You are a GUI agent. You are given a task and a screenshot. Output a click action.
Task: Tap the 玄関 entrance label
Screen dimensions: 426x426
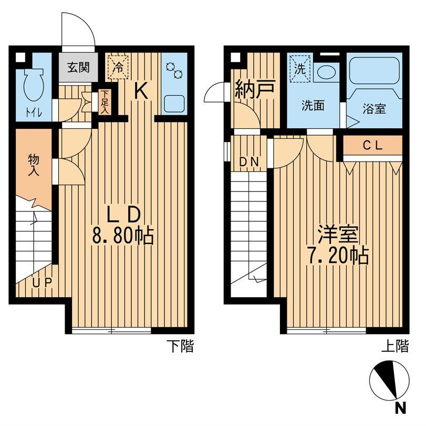pos(78,67)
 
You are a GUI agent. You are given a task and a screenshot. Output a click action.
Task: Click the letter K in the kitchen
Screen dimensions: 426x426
pos(141,91)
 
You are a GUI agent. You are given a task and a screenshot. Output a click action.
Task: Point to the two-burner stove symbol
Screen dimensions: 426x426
pos(174,70)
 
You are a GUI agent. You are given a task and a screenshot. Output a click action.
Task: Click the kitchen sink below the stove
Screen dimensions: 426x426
pos(174,104)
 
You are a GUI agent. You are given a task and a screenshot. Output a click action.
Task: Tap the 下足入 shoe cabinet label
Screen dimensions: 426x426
pos(105,102)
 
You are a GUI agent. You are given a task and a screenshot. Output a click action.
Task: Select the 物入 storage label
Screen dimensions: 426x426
pos(34,165)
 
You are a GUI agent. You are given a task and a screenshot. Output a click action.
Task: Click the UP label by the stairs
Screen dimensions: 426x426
pos(42,283)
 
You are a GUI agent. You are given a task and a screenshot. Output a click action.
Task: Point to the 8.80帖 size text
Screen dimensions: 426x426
pos(123,235)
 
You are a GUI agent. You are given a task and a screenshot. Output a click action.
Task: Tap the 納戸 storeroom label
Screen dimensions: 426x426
pos(255,89)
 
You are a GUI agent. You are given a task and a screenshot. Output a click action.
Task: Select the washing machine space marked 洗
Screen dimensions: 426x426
pos(300,69)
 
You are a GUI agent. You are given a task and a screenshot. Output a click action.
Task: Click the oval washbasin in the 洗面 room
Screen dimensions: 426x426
pos(326,73)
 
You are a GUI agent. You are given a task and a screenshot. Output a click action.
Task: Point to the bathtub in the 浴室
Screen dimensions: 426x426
pos(374,70)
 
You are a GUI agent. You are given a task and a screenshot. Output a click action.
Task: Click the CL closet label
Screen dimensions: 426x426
pos(373,146)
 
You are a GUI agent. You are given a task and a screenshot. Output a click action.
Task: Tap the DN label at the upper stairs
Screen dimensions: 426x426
pos(249,162)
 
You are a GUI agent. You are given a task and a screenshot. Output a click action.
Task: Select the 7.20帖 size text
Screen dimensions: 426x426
pos(338,256)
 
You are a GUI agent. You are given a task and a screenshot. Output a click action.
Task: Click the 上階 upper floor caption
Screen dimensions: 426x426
pos(396,346)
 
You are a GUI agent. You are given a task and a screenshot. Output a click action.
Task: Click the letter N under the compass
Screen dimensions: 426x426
pos(400,408)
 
